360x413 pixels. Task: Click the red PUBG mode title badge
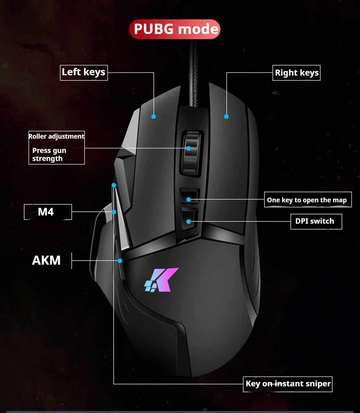tap(175, 29)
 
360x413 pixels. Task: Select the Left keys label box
tap(84, 73)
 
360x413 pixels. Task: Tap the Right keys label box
tap(296, 73)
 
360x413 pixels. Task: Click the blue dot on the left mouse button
tap(153, 117)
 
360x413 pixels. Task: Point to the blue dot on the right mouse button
tap(226, 117)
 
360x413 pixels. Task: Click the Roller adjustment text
tap(56, 136)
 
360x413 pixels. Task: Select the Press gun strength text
tap(49, 155)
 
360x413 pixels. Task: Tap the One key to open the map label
tap(307, 200)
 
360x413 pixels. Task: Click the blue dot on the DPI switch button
tap(189, 221)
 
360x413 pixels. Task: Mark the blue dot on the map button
tap(189, 200)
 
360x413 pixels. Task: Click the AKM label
tap(46, 260)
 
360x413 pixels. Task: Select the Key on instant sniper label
tap(288, 384)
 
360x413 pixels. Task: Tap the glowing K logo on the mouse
tap(161, 280)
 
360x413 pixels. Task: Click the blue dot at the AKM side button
tap(120, 261)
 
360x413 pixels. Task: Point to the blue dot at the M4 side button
tap(114, 212)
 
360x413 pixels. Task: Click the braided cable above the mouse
tap(193, 73)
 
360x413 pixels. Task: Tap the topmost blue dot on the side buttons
tap(114, 185)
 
